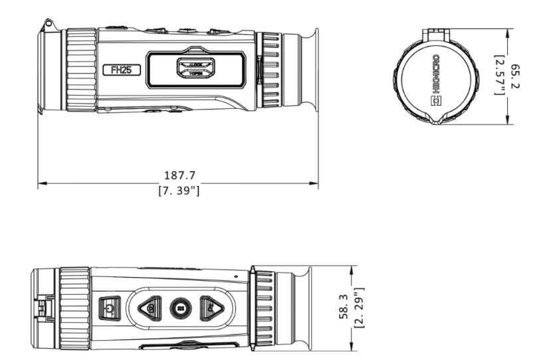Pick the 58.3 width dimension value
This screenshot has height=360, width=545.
pos(344,309)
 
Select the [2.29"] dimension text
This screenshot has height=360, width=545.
pos(359,309)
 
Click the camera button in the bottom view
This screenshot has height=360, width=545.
pos(152,308)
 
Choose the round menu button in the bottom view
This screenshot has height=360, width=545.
pos(181,308)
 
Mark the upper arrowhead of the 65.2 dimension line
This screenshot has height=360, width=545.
pos(508,30)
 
